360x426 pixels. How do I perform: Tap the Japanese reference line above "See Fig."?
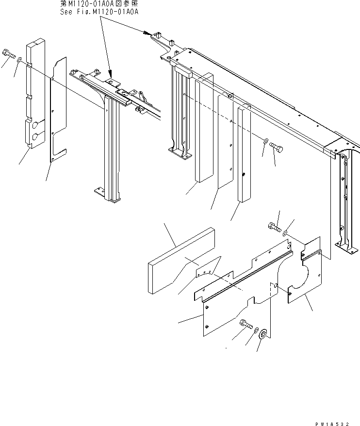tap(99, 4)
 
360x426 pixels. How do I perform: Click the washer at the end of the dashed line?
tap(265, 142)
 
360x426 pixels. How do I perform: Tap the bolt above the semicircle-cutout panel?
tap(274, 226)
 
